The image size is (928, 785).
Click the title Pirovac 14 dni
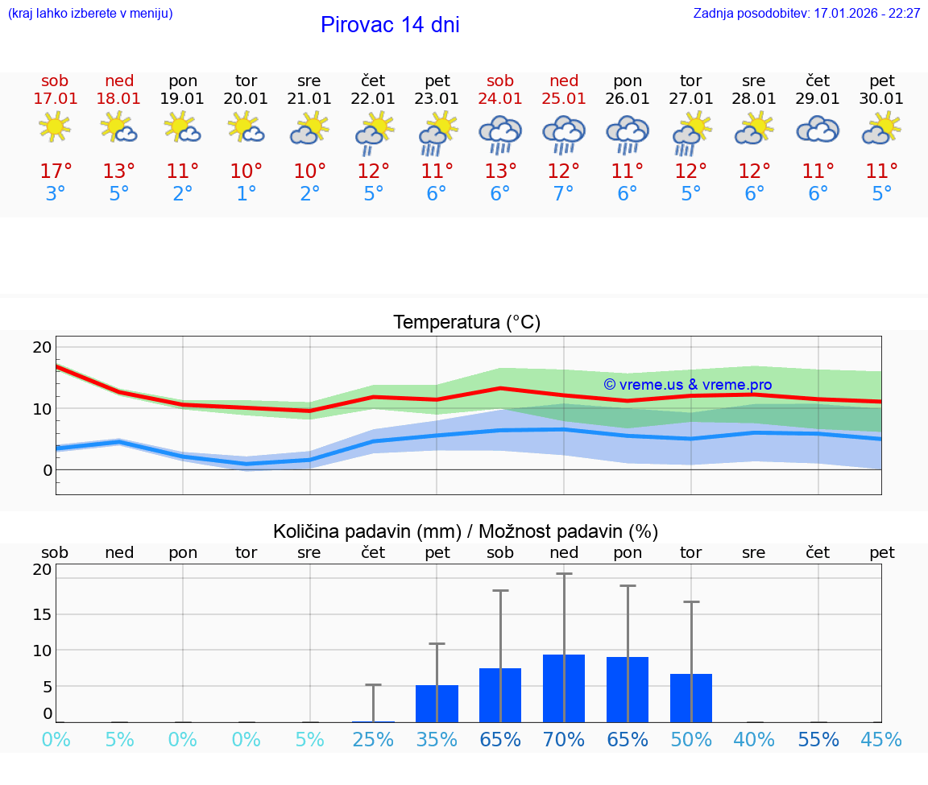click(390, 25)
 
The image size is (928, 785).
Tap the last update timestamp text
click(806, 14)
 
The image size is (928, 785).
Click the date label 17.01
click(55, 99)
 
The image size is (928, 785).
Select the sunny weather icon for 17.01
click(55, 127)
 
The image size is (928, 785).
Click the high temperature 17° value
click(56, 171)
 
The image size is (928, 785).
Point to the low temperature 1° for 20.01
click(246, 194)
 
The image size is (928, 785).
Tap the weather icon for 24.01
click(500, 133)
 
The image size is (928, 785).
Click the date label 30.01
click(882, 99)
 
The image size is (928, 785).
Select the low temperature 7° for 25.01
click(564, 194)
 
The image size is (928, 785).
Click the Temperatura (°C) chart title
click(466, 323)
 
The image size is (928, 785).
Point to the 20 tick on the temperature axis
click(42, 347)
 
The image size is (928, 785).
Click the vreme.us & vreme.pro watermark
click(687, 385)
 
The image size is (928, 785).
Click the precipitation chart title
click(466, 531)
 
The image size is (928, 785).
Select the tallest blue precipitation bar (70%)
click(564, 688)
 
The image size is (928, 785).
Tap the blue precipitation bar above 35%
click(437, 704)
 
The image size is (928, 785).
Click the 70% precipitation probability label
click(564, 739)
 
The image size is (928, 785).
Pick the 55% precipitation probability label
click(818, 739)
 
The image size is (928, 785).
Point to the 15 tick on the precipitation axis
click(42, 614)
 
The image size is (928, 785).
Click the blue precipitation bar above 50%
click(691, 698)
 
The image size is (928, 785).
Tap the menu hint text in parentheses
click(90, 14)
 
